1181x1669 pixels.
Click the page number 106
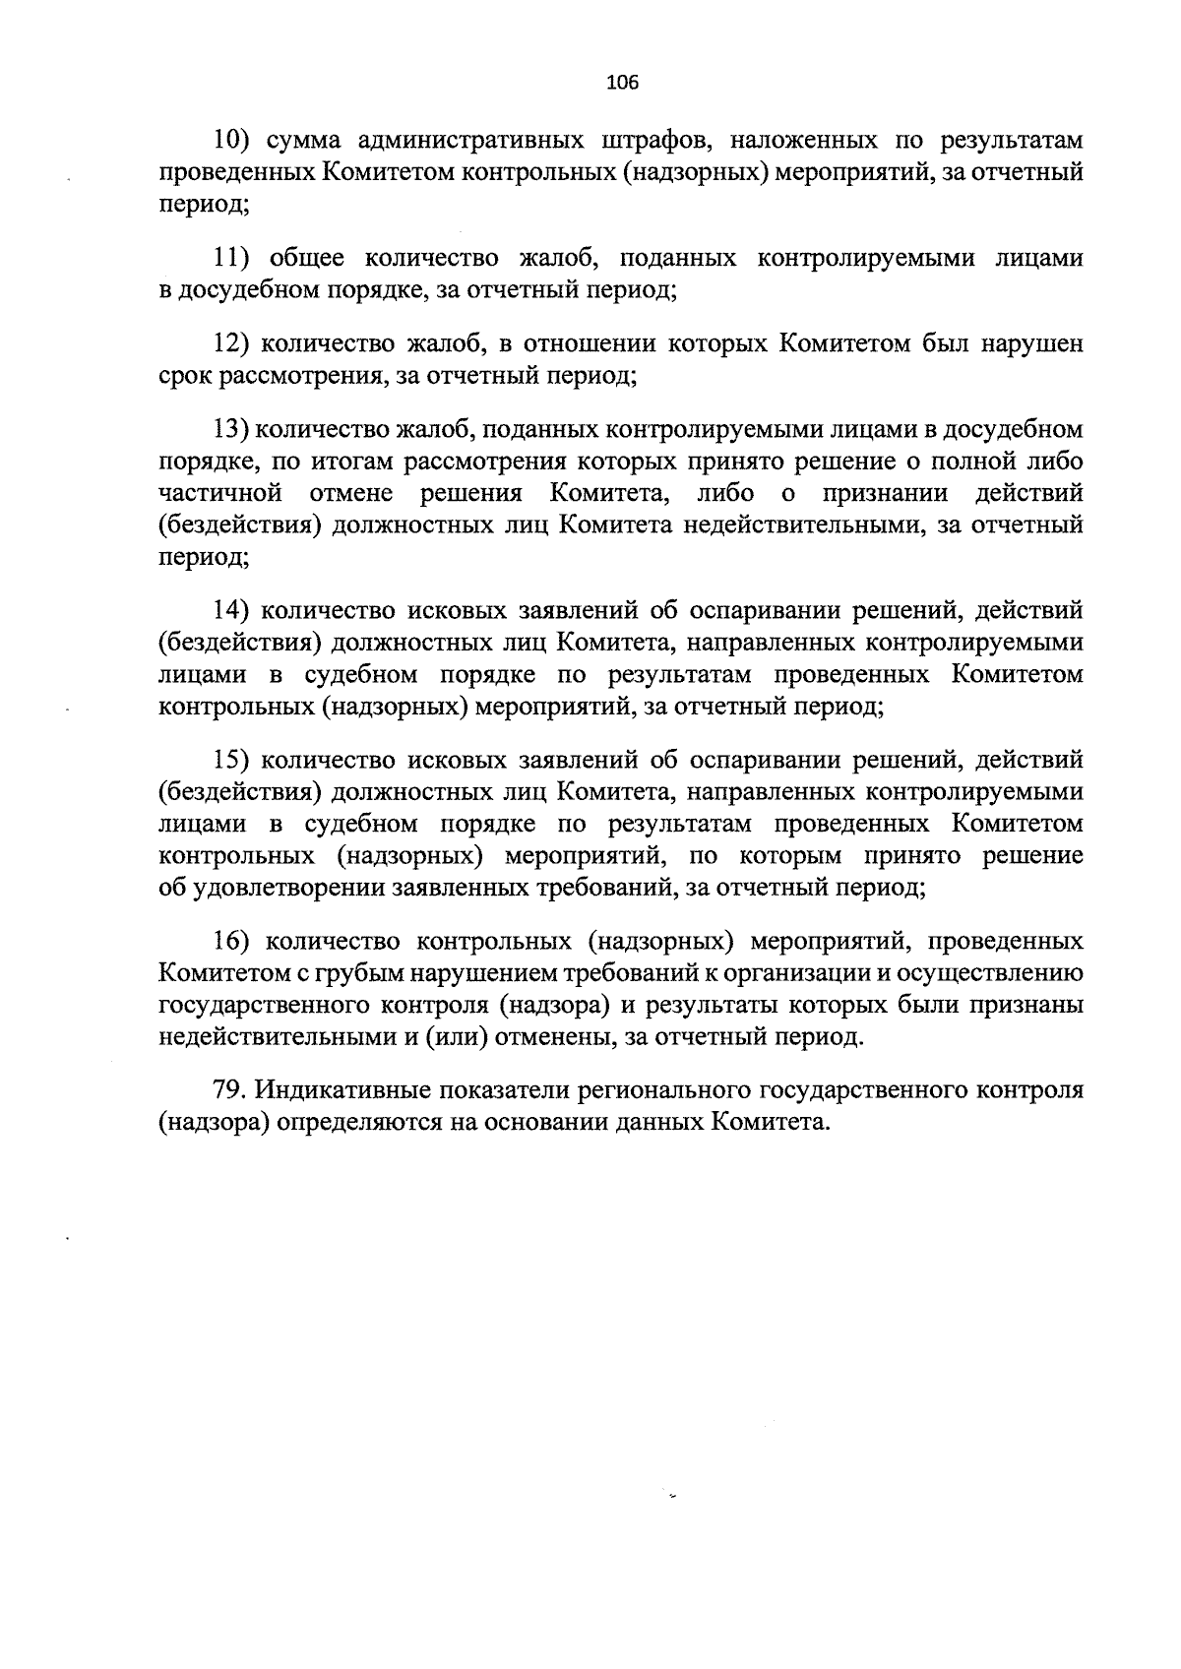(x=623, y=83)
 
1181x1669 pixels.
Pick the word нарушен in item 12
(x=1032, y=344)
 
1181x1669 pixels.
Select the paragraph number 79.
(x=229, y=1091)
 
